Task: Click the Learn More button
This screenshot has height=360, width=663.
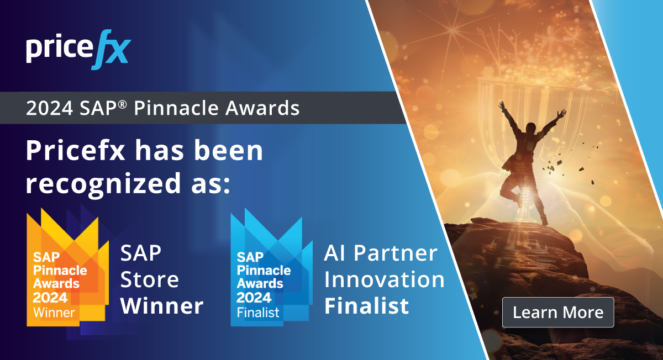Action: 558,313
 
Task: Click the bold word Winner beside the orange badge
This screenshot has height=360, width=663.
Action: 162,305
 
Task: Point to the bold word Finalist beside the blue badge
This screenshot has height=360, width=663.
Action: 366,305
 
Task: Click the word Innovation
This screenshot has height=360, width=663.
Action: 384,279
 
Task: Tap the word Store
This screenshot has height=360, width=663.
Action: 149,279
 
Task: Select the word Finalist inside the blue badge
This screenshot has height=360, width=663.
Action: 259,312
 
